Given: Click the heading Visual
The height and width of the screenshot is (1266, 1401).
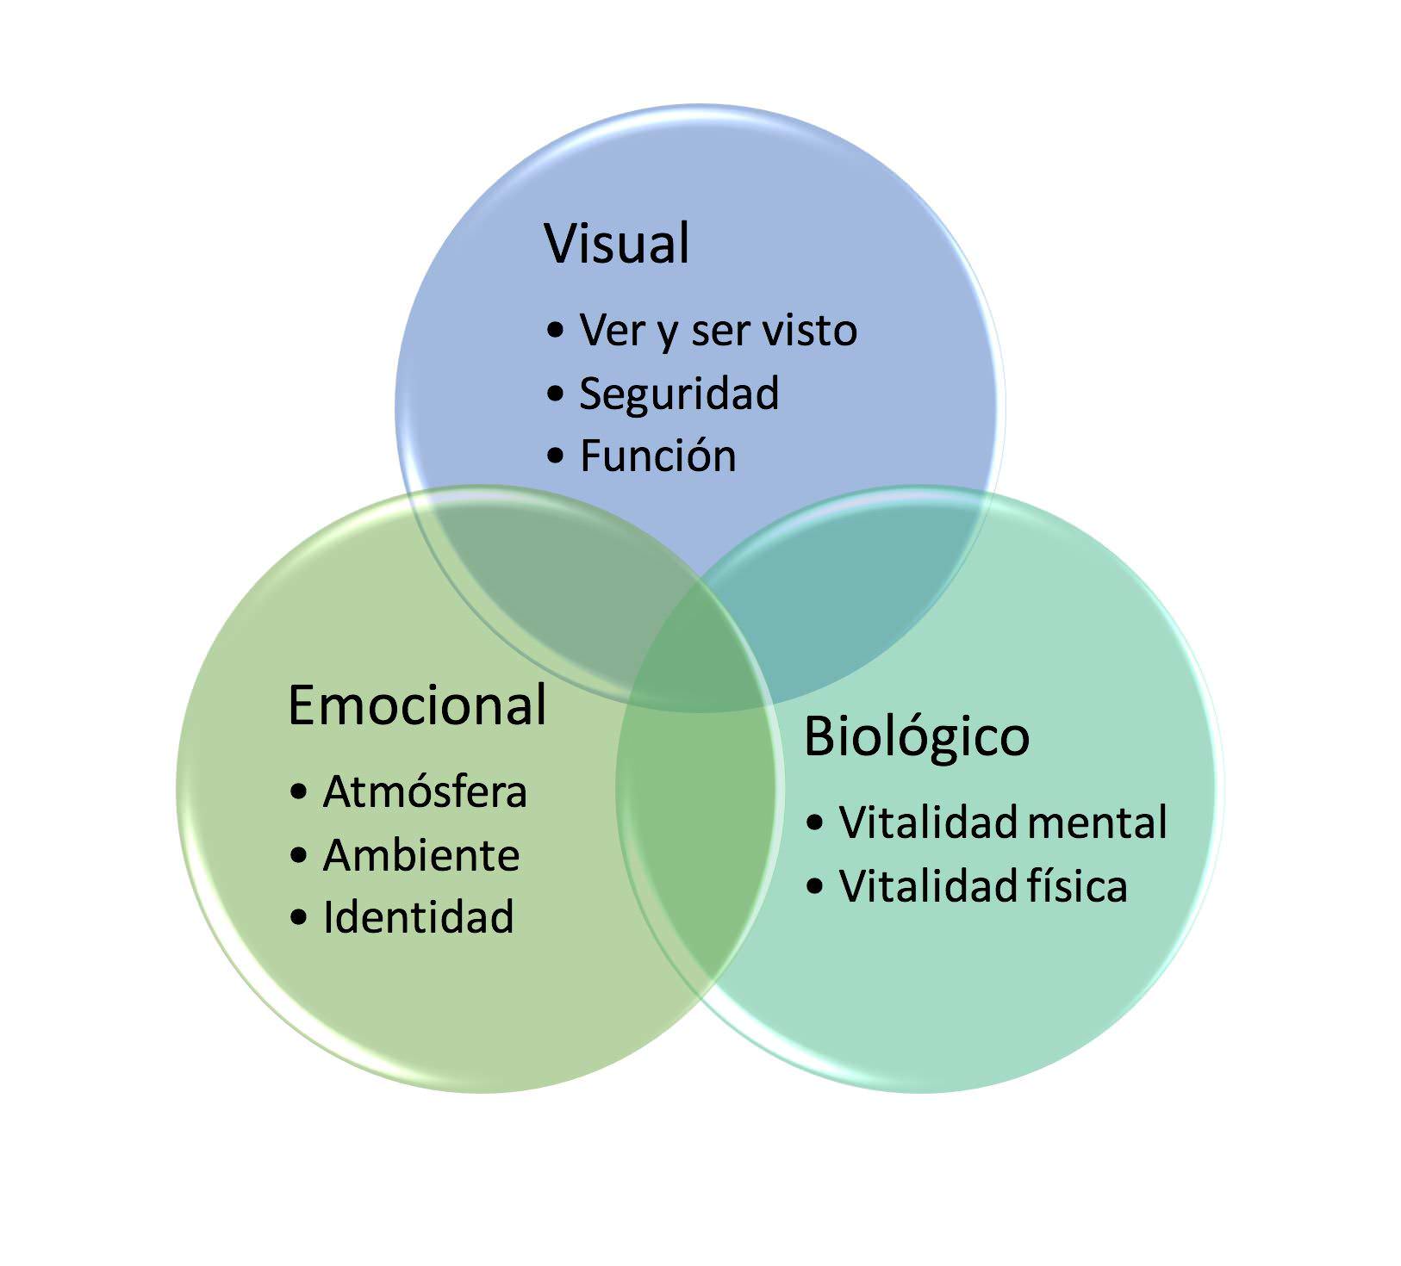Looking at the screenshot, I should coord(617,244).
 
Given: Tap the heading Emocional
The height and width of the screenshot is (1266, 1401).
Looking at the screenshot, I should coord(417,705).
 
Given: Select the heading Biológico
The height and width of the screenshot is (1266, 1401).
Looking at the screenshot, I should coord(916,737).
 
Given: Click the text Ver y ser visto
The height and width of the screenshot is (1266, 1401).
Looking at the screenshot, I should coord(718,330).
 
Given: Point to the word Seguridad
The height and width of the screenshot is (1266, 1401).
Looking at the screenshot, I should coord(679,394).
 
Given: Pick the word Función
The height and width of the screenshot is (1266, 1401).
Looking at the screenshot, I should coord(658,456).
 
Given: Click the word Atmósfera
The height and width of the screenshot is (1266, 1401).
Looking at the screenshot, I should coord(425,791).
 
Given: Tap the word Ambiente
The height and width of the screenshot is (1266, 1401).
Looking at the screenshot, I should coord(421,855).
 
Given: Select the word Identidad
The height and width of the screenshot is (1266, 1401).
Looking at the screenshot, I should coord(418,917).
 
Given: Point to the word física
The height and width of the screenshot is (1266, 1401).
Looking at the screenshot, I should coord(1076,885).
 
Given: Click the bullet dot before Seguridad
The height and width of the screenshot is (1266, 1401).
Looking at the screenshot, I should coord(556,394).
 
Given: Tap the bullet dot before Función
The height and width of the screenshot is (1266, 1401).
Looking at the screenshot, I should coord(556,456).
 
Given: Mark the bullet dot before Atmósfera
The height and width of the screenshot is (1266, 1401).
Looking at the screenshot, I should coord(299,792).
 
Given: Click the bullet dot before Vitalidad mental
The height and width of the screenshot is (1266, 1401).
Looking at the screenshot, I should coord(815,822).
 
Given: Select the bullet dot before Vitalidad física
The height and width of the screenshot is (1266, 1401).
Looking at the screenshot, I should coord(815,886).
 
